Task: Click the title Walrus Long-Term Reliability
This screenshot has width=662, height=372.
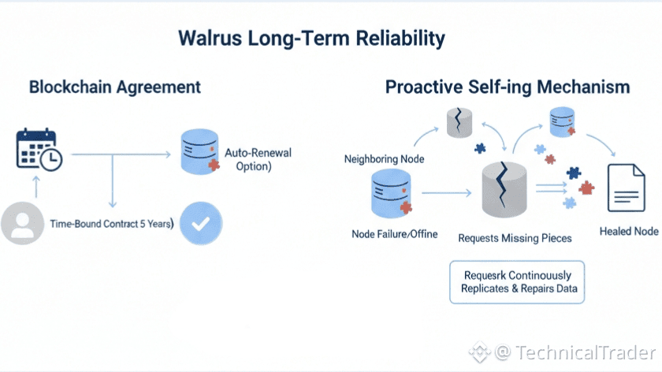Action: coord(311,38)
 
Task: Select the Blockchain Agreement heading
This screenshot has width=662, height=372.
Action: coord(114,87)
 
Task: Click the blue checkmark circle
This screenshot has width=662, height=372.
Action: coord(200,223)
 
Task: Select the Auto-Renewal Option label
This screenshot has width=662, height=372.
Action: coord(247,159)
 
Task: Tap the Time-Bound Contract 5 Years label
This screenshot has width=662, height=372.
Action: coord(111,224)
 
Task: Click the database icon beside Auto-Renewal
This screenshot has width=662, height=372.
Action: coord(199,153)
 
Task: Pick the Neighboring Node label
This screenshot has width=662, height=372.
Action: coord(385,159)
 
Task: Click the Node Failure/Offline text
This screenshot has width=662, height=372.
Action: coord(394,234)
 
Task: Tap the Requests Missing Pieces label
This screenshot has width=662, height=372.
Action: coord(515,237)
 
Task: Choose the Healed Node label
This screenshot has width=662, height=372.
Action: coord(628,232)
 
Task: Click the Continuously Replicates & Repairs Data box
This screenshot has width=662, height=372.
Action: coord(518,282)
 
